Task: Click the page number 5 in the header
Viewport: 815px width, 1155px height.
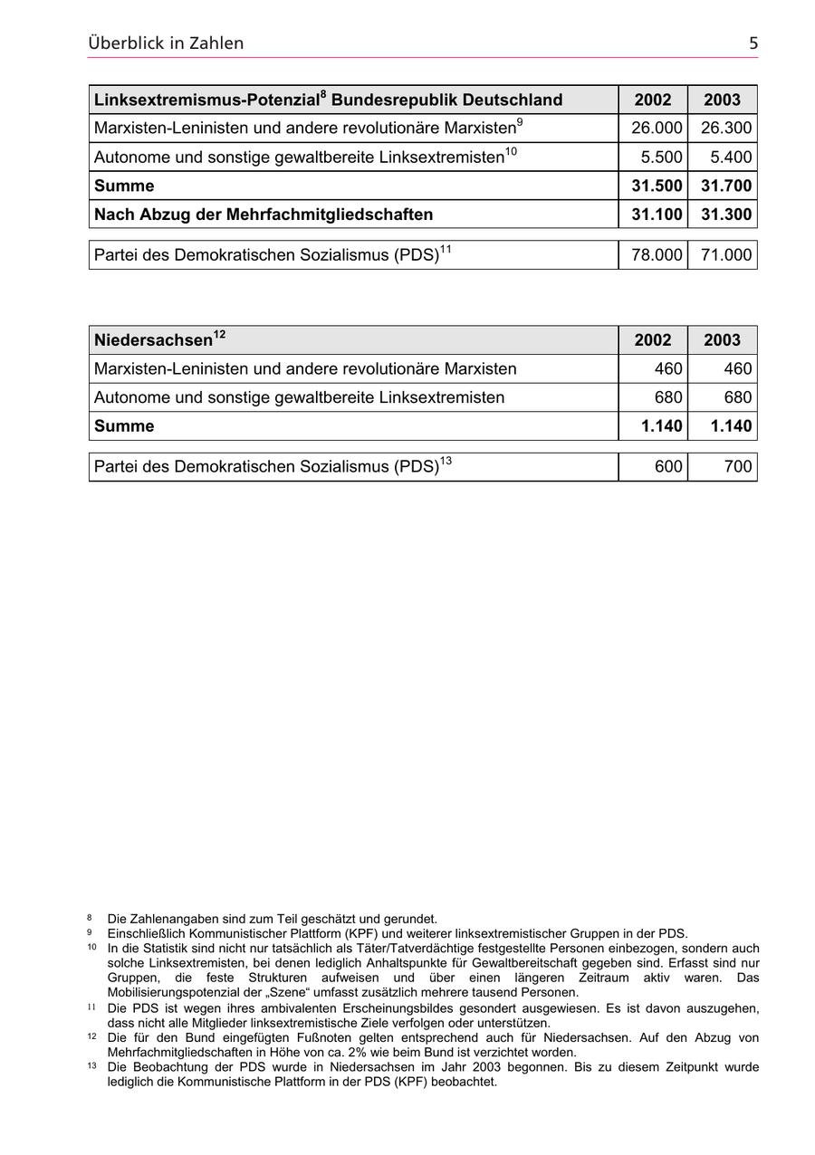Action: point(753,43)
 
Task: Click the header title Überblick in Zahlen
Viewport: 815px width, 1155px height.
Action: point(166,43)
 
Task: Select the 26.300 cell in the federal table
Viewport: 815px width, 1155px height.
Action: point(725,129)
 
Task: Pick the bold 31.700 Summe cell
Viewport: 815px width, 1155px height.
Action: point(725,186)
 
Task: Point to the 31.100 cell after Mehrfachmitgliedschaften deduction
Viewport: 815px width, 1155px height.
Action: point(656,215)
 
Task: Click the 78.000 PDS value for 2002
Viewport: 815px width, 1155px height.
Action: point(656,255)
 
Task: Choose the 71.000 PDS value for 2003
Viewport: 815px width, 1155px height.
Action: point(725,255)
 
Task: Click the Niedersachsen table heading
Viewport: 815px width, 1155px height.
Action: point(154,340)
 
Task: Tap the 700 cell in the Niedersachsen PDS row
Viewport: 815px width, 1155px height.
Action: point(738,467)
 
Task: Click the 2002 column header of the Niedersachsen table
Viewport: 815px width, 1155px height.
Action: point(653,340)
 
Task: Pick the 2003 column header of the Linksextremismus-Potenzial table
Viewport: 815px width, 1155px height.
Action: point(722,100)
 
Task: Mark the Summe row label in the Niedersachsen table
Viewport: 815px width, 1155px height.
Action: point(124,426)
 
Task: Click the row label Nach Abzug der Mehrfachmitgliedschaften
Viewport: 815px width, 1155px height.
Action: point(263,215)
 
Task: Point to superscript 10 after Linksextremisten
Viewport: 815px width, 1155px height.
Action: point(511,152)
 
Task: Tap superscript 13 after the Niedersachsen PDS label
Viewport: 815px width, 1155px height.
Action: point(446,462)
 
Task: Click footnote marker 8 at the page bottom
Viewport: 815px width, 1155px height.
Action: point(90,918)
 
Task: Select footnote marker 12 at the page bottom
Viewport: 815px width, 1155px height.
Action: point(92,1036)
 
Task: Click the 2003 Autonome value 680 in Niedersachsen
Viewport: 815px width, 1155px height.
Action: point(738,397)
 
